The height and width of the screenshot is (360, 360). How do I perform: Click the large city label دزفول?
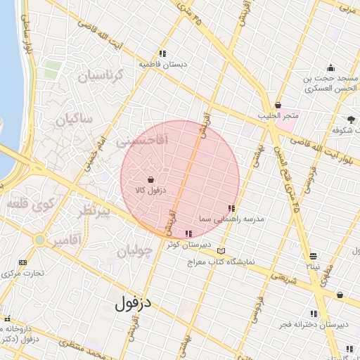[138, 304]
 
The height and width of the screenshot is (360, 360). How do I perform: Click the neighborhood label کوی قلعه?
[30, 205]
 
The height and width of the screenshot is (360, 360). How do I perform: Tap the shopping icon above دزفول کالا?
[151, 180]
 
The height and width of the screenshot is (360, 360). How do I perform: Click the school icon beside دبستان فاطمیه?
[162, 53]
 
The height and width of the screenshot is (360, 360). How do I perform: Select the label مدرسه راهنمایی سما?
[231, 219]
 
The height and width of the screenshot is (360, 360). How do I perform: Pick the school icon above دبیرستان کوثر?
[188, 233]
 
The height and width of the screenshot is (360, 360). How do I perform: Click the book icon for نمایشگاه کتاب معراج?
[222, 251]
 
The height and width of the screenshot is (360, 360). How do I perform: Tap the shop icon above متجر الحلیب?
[278, 104]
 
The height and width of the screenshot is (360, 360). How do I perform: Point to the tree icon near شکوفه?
[351, 120]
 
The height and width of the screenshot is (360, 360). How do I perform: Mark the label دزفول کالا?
[149, 191]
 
